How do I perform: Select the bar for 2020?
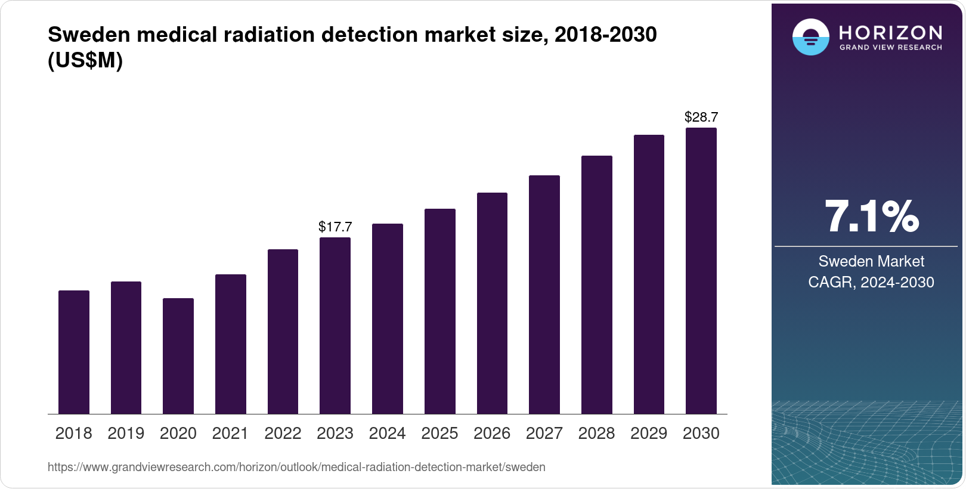(178, 356)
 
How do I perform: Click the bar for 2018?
(73, 352)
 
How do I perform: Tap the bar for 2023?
(335, 326)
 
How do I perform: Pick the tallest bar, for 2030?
(701, 271)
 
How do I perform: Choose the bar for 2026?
(492, 303)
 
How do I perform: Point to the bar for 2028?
(596, 284)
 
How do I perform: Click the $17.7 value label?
(335, 227)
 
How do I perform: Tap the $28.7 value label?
(701, 117)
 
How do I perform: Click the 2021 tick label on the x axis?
(230, 434)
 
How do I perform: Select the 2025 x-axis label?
(439, 434)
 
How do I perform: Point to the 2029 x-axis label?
(649, 434)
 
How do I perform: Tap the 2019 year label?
(126, 434)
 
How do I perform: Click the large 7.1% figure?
(871, 216)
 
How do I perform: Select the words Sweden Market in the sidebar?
(871, 261)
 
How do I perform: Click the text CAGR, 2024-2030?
(871, 282)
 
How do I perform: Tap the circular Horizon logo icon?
(810, 37)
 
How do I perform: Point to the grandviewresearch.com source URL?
(296, 467)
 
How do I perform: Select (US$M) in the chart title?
(85, 60)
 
